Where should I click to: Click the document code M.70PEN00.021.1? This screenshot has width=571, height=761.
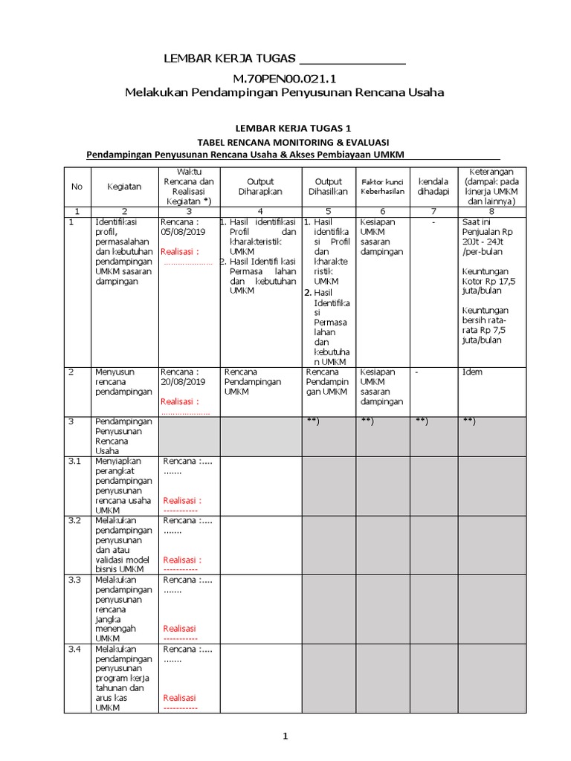284,78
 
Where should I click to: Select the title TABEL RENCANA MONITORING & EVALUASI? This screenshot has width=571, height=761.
293,142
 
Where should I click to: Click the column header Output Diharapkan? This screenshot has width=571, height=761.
260,187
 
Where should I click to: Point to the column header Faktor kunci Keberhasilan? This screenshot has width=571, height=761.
383,187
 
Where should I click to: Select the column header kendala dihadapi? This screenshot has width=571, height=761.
433,187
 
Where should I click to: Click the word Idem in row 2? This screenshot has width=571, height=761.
471,372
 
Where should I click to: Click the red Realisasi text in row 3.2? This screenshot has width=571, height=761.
182,560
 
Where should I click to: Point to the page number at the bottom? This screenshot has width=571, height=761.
284,736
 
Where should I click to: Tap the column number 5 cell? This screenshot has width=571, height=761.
328,211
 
